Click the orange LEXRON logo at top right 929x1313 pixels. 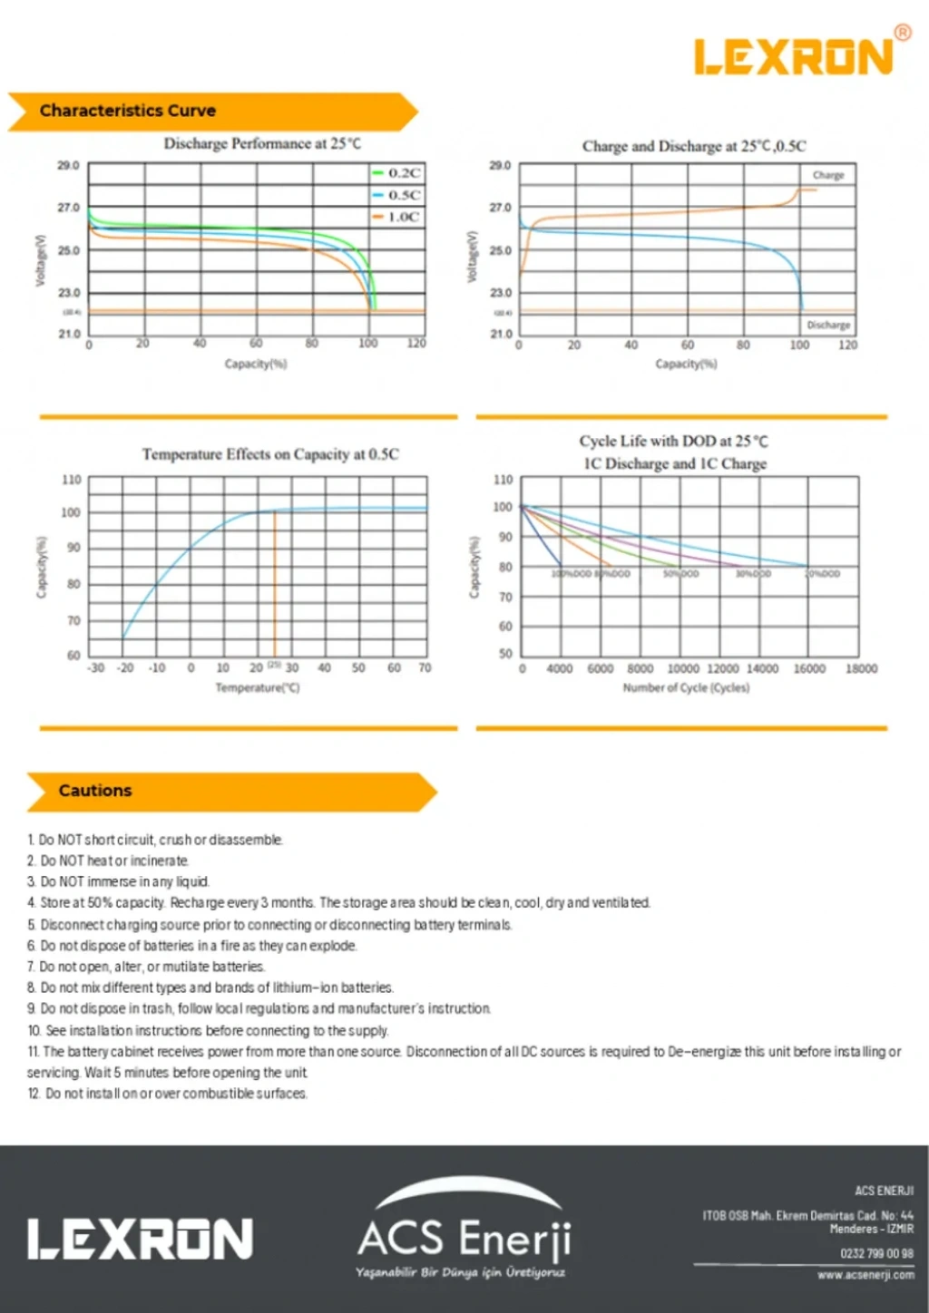point(795,56)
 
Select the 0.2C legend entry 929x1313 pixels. point(397,172)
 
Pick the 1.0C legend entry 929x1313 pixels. point(397,217)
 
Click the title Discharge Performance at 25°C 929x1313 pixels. point(261,143)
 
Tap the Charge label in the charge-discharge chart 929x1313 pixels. point(827,175)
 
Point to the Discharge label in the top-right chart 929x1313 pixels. point(827,325)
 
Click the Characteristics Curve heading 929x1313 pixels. point(128,111)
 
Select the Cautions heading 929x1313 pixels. point(95,791)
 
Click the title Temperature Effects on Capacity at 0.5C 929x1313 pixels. point(269,454)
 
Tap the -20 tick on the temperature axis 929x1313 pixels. point(125,668)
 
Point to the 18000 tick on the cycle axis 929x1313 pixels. point(861,669)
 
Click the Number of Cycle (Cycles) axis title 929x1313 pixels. point(686,688)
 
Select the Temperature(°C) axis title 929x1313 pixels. point(257,688)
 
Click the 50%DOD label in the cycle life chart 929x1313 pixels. point(680,574)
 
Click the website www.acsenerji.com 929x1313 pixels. point(865,1275)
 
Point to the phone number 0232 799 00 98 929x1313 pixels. point(875,1254)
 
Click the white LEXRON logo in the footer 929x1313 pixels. point(140,1240)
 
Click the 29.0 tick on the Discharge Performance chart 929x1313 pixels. point(68,166)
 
